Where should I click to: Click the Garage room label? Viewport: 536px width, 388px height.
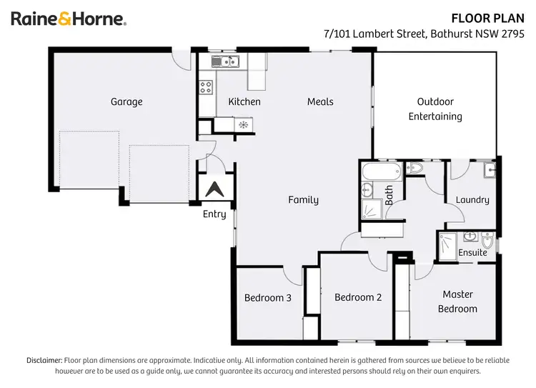coord(126,101)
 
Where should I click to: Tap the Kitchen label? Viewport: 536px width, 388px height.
coord(244,101)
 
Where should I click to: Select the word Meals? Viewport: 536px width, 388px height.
coord(320,101)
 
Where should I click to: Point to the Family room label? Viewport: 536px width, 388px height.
coord(303,200)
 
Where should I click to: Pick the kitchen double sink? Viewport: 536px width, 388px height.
coord(225,62)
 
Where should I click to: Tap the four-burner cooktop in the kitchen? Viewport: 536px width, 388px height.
coord(206,87)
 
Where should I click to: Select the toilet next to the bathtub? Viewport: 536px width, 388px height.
coord(415,169)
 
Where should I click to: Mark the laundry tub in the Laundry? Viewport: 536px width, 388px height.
coord(489,170)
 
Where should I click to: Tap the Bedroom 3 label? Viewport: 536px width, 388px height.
coord(267,298)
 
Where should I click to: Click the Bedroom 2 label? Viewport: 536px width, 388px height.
coord(357,298)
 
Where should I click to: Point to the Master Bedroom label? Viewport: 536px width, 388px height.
coord(457,302)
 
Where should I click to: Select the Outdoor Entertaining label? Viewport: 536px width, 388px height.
coord(435,109)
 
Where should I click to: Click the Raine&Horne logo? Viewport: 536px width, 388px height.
coord(69,19)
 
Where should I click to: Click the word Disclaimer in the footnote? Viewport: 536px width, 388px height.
coord(44,360)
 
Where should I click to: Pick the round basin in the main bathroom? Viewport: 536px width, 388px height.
coord(367,189)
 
